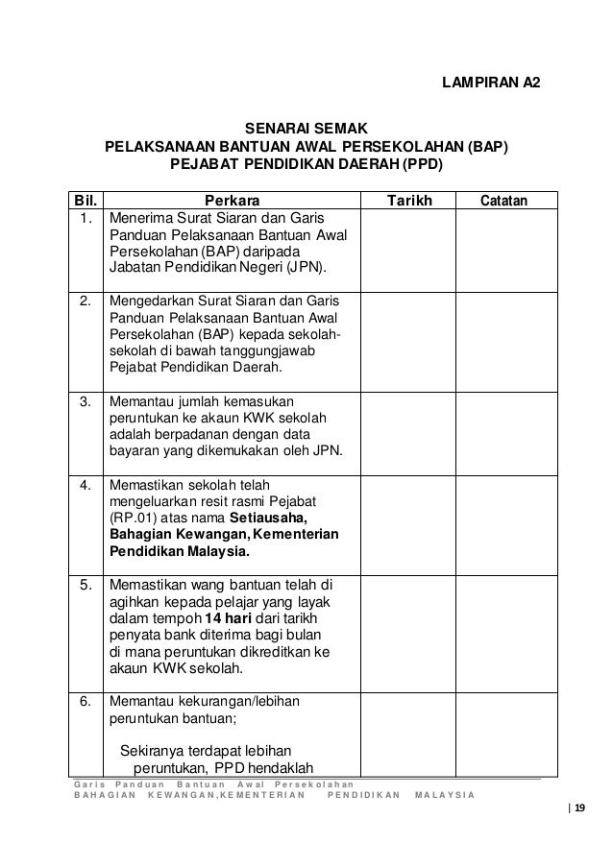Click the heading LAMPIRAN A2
pyautogui.click(x=489, y=84)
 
